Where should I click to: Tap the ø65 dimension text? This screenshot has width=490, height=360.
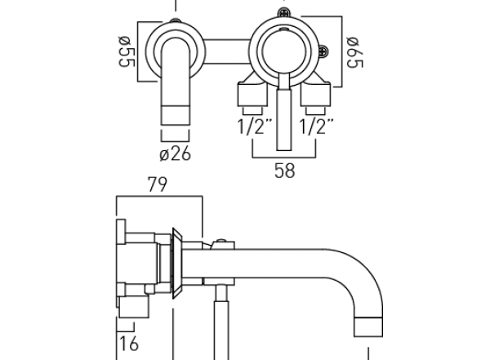click(354, 51)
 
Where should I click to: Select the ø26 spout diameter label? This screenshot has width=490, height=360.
click(175, 153)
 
